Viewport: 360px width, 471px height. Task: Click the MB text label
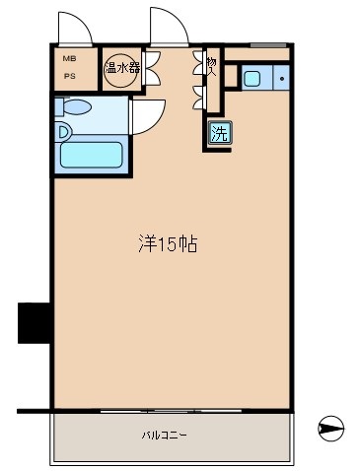coord(69,58)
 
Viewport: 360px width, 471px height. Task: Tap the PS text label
coord(69,76)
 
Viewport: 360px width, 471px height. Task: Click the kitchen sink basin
coord(252,78)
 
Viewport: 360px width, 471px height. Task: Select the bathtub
coord(91,156)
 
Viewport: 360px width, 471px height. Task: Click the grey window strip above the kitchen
coord(267,45)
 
